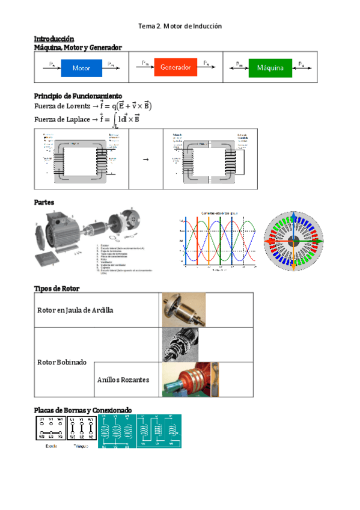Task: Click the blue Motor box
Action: pyautogui.click(x=82, y=68)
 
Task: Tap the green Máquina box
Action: pyautogui.click(x=270, y=68)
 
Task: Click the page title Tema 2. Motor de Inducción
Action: pyautogui.click(x=180, y=26)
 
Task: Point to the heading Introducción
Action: pyautogui.click(x=54, y=38)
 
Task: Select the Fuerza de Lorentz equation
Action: pyautogui.click(x=93, y=106)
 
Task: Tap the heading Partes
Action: pyautogui.click(x=44, y=203)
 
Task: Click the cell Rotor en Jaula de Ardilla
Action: pyautogui.click(x=75, y=310)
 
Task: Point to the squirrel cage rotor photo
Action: pyautogui.click(x=183, y=310)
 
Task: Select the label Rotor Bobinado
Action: pyautogui.click(x=62, y=363)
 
